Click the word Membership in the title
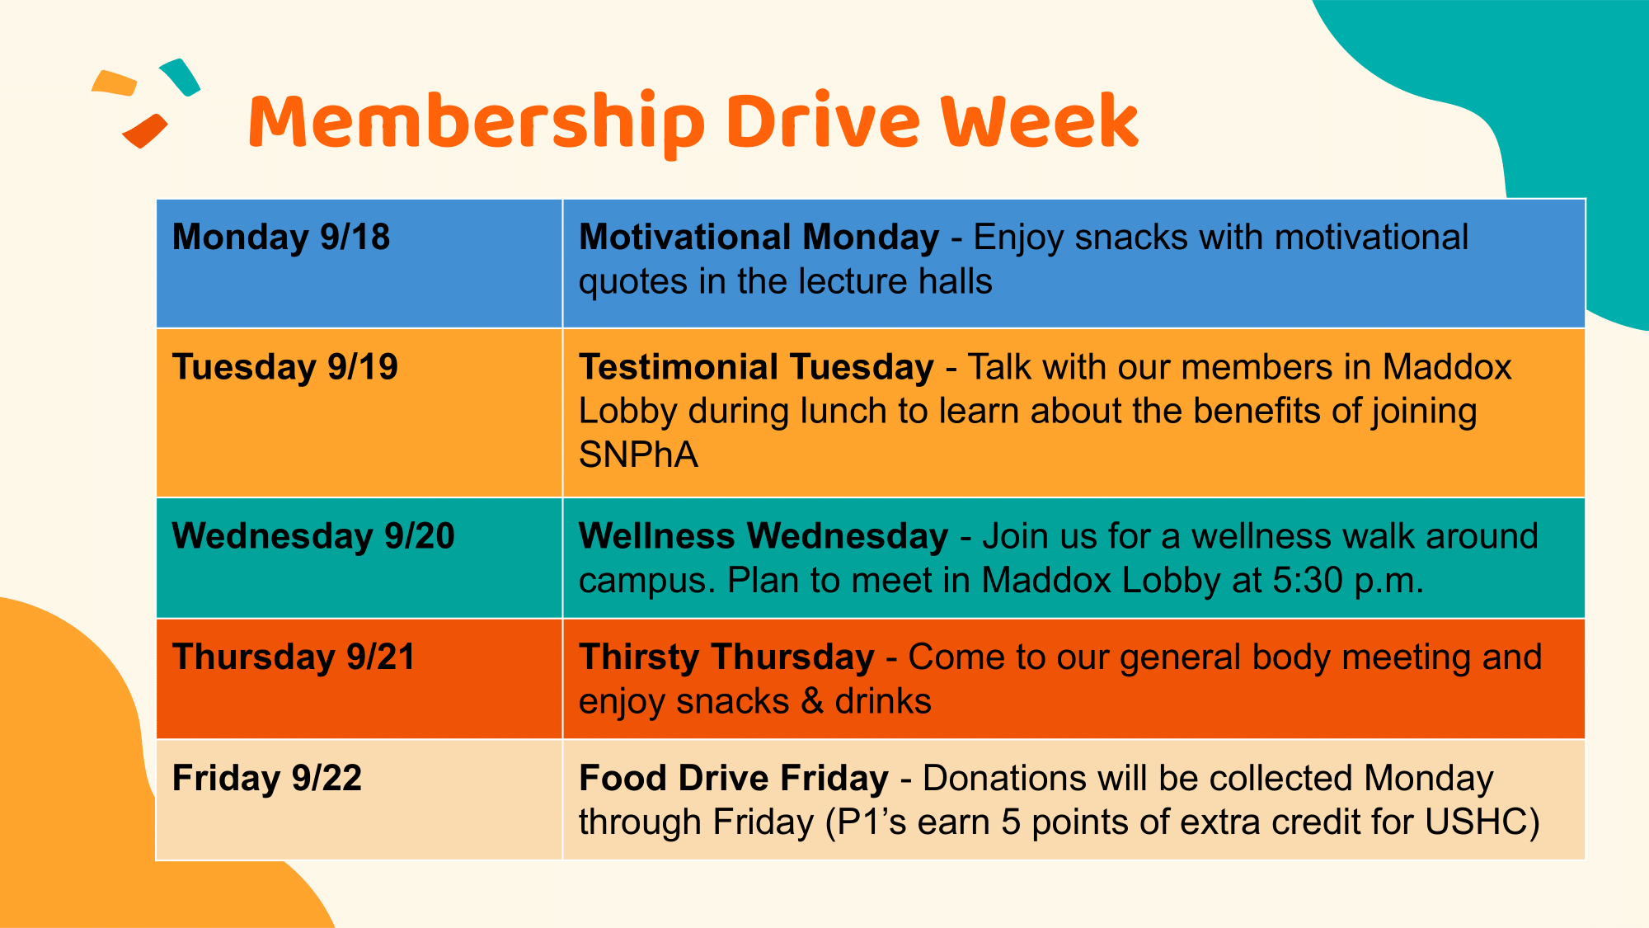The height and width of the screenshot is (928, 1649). pos(477,124)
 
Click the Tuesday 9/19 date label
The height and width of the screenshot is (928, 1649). pos(285,367)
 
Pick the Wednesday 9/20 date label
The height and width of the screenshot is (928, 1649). pos(313,536)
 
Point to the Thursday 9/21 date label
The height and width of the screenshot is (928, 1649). pos(294,657)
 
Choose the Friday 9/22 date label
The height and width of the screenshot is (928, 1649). pos(267,779)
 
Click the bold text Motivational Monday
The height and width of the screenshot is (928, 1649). pos(759,238)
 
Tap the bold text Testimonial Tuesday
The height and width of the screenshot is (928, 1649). pos(756,367)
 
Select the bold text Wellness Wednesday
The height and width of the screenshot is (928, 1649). pos(763,536)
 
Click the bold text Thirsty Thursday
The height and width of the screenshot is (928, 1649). pos(726,657)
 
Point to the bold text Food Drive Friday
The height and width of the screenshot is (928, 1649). pos(734,779)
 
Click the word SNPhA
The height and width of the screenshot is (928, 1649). pos(638,455)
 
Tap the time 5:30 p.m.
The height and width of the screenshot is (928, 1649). pos(1348,581)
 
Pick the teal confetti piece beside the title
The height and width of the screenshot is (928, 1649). pos(180,77)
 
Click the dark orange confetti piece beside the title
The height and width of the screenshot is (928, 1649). pos(145,130)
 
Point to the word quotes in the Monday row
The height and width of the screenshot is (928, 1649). pos(633,283)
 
